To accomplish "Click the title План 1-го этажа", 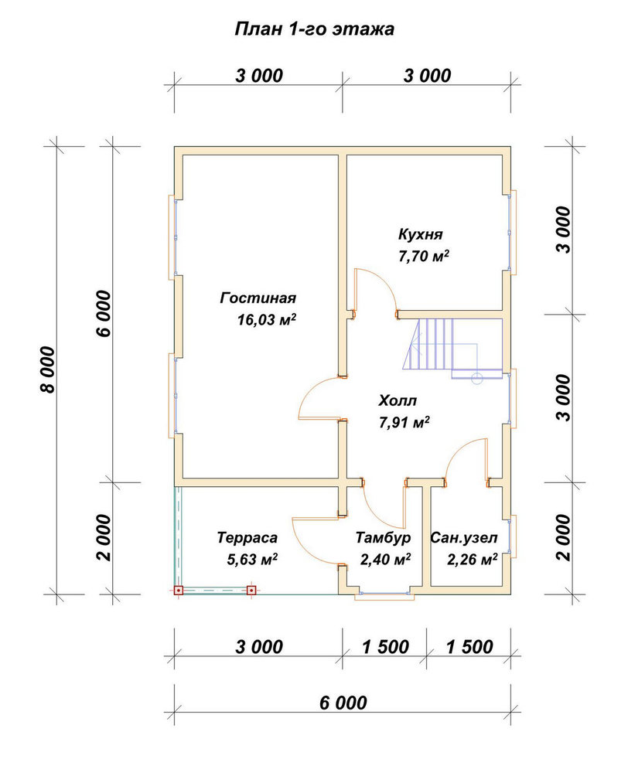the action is [x=314, y=29].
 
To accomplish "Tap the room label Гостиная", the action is [x=258, y=298].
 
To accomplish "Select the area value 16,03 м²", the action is [x=266, y=320].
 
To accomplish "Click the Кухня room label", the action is [x=420, y=234].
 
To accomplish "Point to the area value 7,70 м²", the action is [x=424, y=256].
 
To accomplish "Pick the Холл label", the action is [x=397, y=400].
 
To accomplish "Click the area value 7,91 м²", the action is [x=404, y=423].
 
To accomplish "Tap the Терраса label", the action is [x=247, y=537].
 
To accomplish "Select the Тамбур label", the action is [x=383, y=537].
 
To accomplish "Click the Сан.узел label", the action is [x=464, y=537].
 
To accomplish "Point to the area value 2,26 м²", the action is [x=472, y=560].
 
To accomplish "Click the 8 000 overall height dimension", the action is [x=49, y=369].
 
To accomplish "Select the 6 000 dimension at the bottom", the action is [x=343, y=703].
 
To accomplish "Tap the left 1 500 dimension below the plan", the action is [x=385, y=647].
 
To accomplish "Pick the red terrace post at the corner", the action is [x=178, y=590].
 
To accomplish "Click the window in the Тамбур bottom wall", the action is [x=384, y=594].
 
